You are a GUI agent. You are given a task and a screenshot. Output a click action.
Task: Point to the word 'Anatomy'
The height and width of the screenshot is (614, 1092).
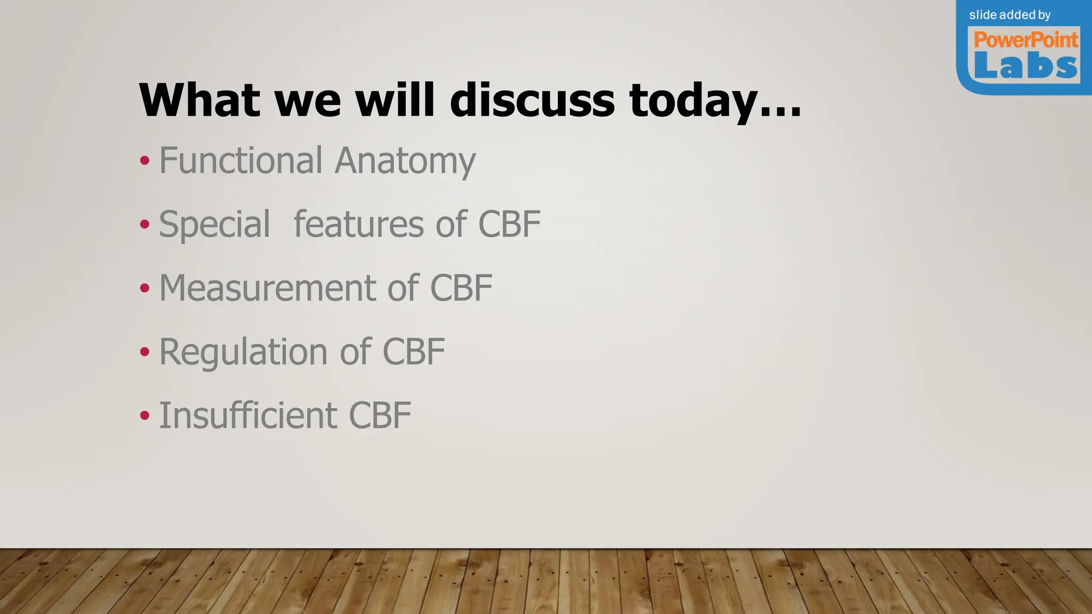pos(405,161)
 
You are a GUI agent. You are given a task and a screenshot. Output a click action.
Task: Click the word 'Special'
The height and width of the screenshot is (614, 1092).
pos(214,224)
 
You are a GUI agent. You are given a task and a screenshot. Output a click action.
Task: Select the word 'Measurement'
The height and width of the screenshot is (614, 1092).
pos(267,288)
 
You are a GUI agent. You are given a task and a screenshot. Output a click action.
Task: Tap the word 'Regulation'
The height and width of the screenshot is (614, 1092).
pos(243,352)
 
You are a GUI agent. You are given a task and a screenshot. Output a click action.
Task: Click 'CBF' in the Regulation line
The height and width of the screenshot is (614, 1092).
pos(414,352)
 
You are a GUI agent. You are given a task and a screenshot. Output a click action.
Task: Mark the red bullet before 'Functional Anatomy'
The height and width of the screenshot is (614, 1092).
pos(144,160)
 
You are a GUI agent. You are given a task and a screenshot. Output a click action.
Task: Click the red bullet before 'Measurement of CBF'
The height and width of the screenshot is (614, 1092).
pos(144,288)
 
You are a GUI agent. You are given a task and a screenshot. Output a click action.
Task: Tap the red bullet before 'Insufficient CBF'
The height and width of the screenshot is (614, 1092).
pos(144,416)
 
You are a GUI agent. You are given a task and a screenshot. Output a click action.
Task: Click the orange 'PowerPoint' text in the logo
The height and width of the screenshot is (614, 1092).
pos(1026,40)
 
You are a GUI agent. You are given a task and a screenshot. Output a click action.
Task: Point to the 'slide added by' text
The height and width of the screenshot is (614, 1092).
pos(1009,15)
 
